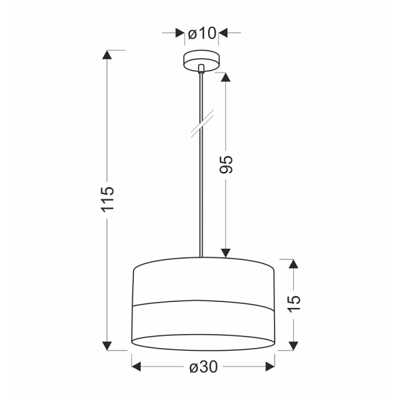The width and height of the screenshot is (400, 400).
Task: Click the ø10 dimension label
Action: pos(201,33)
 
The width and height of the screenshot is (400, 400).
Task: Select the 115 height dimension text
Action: pos(109,199)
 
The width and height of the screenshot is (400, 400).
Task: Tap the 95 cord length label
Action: pos(226,165)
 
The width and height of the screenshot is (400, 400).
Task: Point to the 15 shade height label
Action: pos(293,303)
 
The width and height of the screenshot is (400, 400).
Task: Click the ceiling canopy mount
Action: pos(201,58)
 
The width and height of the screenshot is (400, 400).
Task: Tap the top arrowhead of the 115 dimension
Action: pos(107,55)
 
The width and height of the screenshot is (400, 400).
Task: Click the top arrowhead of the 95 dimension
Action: pos(225,77)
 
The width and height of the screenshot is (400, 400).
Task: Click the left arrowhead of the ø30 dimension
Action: pos(137,365)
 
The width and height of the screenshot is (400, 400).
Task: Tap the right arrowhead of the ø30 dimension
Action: pos(271,365)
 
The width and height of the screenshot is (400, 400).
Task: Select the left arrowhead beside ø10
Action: pos(179,32)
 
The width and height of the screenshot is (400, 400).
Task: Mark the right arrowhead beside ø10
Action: pos(223,32)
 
